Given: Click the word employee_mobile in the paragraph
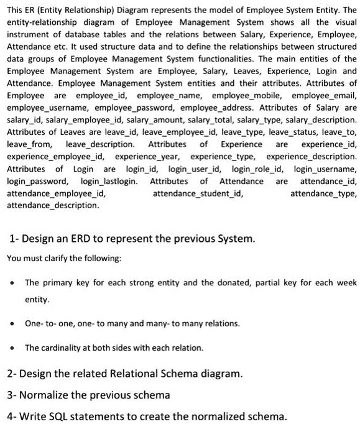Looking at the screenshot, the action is pyautogui.click(x=245, y=96).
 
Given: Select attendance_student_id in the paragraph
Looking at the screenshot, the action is pyautogui.click(x=198, y=193).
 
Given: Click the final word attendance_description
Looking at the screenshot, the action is pyautogui.click(x=52, y=205).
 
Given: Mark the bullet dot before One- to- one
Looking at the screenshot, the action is pyautogui.click(x=12, y=323).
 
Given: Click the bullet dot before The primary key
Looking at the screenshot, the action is pyautogui.click(x=12, y=282).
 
